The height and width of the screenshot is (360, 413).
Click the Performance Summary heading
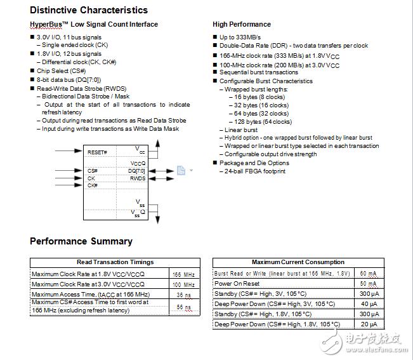[x=81, y=241]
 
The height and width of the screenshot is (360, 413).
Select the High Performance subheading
[x=242, y=25]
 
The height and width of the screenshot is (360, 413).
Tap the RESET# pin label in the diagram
[x=97, y=152]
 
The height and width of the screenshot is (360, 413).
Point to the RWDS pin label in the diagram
[x=138, y=178]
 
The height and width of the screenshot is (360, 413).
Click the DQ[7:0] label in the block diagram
[x=136, y=171]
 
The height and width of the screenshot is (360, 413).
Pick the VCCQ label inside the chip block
[x=138, y=163]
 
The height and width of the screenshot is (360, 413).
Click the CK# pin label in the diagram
[x=92, y=185]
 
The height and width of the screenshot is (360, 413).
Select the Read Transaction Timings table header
[x=115, y=262]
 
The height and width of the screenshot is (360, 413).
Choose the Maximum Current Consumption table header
[x=298, y=262]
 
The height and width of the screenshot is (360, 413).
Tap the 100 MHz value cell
[x=183, y=284]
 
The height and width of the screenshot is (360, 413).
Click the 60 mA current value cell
[x=369, y=274]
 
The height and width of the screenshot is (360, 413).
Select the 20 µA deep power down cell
[x=369, y=324]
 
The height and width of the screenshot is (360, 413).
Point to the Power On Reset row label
[x=237, y=284]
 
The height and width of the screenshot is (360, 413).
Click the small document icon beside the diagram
[x=181, y=170]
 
